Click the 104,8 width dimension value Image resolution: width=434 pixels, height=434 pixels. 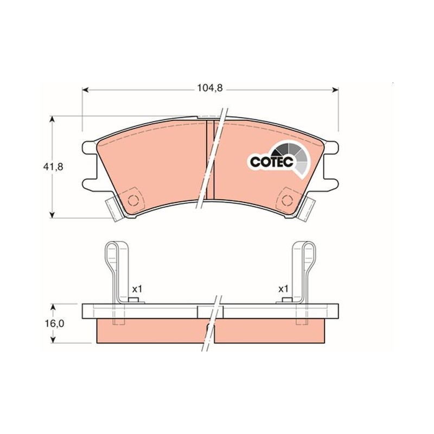tap(209, 88)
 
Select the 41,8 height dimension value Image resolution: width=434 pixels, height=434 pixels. tap(53, 167)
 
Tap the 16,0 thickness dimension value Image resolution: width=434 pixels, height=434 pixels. tap(55, 323)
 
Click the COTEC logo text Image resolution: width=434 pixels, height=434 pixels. tap(272, 162)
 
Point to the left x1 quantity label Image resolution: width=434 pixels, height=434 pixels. tap(137, 290)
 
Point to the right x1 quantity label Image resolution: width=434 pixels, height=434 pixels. tap(283, 290)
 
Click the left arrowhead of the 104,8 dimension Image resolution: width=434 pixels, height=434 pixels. tap(85, 90)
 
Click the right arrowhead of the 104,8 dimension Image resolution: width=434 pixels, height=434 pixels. tap(335, 90)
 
